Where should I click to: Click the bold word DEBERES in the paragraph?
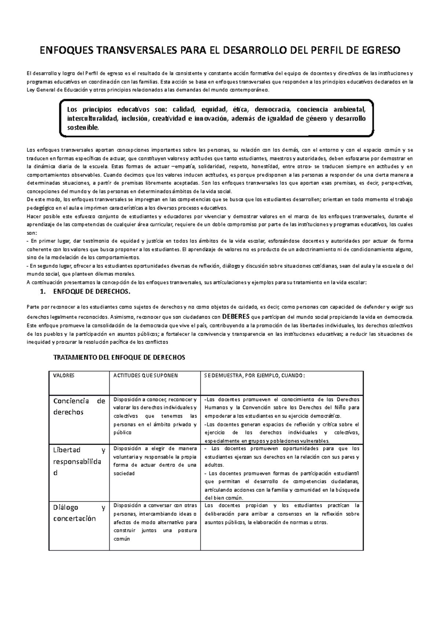(236, 316)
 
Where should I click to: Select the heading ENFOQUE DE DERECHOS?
(92, 292)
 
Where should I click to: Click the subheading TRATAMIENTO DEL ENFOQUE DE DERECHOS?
(120, 358)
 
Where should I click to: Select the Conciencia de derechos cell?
(79, 407)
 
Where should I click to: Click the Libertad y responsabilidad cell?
(79, 461)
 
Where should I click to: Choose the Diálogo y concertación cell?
(79, 513)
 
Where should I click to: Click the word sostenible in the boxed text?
(83, 127)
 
